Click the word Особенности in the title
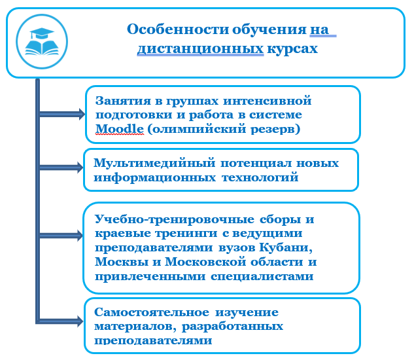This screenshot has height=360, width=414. coord(178,29)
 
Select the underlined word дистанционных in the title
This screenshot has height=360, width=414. coord(200,49)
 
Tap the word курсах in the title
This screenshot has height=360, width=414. coord(292,49)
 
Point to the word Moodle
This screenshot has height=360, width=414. coord(120,129)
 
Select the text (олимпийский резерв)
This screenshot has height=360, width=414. coord(224,129)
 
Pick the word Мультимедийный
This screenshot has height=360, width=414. coord(154,163)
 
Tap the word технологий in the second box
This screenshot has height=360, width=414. coord(260,177)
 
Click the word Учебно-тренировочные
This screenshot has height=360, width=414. coord(175,219)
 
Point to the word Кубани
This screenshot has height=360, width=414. coord(286,247)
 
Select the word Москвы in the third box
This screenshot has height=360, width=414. coord(122,262)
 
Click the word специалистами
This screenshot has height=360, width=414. coord(262,277)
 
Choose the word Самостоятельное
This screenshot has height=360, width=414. coord(152,312)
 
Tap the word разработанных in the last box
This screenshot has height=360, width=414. coord(232,327)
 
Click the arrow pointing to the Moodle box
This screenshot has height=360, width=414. coord(62,114)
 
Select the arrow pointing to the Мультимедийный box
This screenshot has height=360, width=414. coord(61,168)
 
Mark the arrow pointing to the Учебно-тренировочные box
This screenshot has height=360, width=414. coord(61,236)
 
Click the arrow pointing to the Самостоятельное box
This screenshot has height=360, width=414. coord(61,321)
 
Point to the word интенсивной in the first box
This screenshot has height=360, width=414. coord(267,101)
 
